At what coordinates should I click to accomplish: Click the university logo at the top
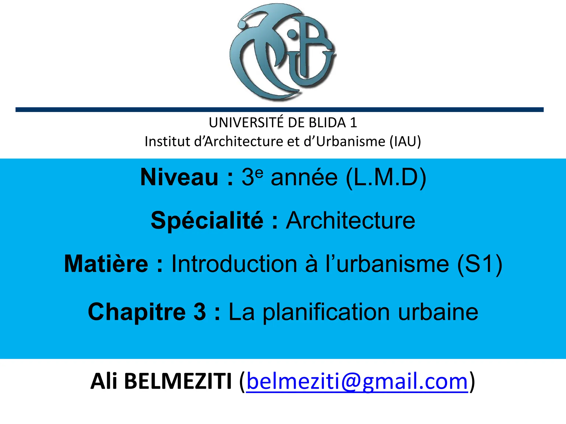click(x=283, y=52)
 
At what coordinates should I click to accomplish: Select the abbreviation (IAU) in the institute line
click(x=405, y=142)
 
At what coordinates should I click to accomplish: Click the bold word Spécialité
click(x=207, y=221)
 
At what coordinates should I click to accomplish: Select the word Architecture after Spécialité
click(x=350, y=221)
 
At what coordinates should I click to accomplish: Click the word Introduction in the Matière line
click(x=235, y=264)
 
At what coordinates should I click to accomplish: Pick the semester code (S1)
click(x=479, y=264)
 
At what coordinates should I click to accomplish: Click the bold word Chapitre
click(x=137, y=312)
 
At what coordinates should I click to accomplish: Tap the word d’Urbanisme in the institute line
click(x=344, y=142)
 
